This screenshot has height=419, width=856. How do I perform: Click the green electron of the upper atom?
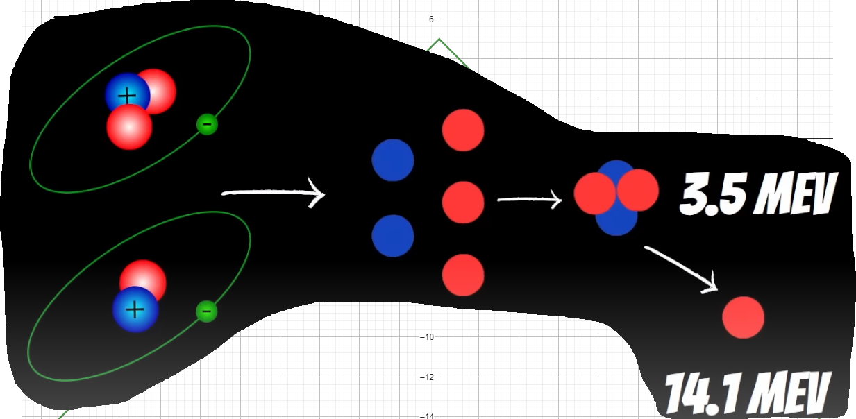pyautogui.click(x=207, y=124)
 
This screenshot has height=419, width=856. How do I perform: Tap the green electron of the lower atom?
pyautogui.click(x=206, y=311)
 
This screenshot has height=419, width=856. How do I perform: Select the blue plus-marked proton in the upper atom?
pyautogui.click(x=126, y=95)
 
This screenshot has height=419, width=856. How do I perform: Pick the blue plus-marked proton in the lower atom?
pyautogui.click(x=135, y=309)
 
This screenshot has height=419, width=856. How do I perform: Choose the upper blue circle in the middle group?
pyautogui.click(x=393, y=160)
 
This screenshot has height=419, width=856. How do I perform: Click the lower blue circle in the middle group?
pyautogui.click(x=393, y=235)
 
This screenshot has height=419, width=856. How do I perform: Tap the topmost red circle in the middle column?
pyautogui.click(x=463, y=130)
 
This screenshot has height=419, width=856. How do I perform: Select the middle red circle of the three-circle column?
pyautogui.click(x=463, y=202)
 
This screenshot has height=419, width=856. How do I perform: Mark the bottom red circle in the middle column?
pyautogui.click(x=463, y=275)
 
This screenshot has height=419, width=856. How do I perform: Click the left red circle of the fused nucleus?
pyautogui.click(x=594, y=194)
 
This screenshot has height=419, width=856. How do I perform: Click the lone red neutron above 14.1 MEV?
pyautogui.click(x=743, y=317)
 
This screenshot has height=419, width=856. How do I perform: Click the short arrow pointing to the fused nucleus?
pyautogui.click(x=529, y=201)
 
